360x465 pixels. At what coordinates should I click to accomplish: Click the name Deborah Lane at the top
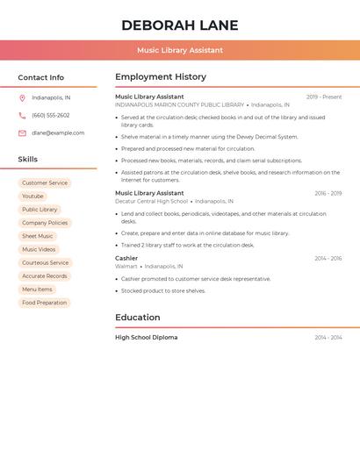[x=179, y=25]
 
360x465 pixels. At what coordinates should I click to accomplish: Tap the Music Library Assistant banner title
[x=179, y=50]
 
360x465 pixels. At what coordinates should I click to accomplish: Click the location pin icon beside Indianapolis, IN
[x=22, y=97]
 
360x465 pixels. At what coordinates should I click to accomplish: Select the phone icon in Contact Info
[x=22, y=115]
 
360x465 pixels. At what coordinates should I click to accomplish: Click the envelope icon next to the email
[x=22, y=133]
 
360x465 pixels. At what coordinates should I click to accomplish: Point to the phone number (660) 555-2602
[x=51, y=115]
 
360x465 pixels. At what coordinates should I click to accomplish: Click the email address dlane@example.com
[x=58, y=133]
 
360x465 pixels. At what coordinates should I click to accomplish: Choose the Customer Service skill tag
[x=45, y=183]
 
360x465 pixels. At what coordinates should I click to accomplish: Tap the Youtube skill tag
[x=32, y=197]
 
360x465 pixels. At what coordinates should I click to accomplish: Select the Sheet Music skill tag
[x=38, y=236]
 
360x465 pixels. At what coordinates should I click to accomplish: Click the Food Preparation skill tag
[x=45, y=303]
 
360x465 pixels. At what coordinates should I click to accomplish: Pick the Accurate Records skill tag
[x=45, y=276]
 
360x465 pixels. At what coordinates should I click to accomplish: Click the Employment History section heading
[x=161, y=77]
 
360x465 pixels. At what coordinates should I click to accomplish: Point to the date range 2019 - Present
[x=324, y=97]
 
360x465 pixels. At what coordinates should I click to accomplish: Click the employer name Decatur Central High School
[x=151, y=201]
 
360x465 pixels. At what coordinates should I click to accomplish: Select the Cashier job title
[x=126, y=258]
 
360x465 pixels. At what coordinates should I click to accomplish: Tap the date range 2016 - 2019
[x=328, y=193]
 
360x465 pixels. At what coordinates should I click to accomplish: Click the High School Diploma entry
[x=146, y=338]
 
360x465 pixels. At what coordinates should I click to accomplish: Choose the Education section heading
[x=137, y=318]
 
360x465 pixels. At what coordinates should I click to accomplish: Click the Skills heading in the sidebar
[x=27, y=160]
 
